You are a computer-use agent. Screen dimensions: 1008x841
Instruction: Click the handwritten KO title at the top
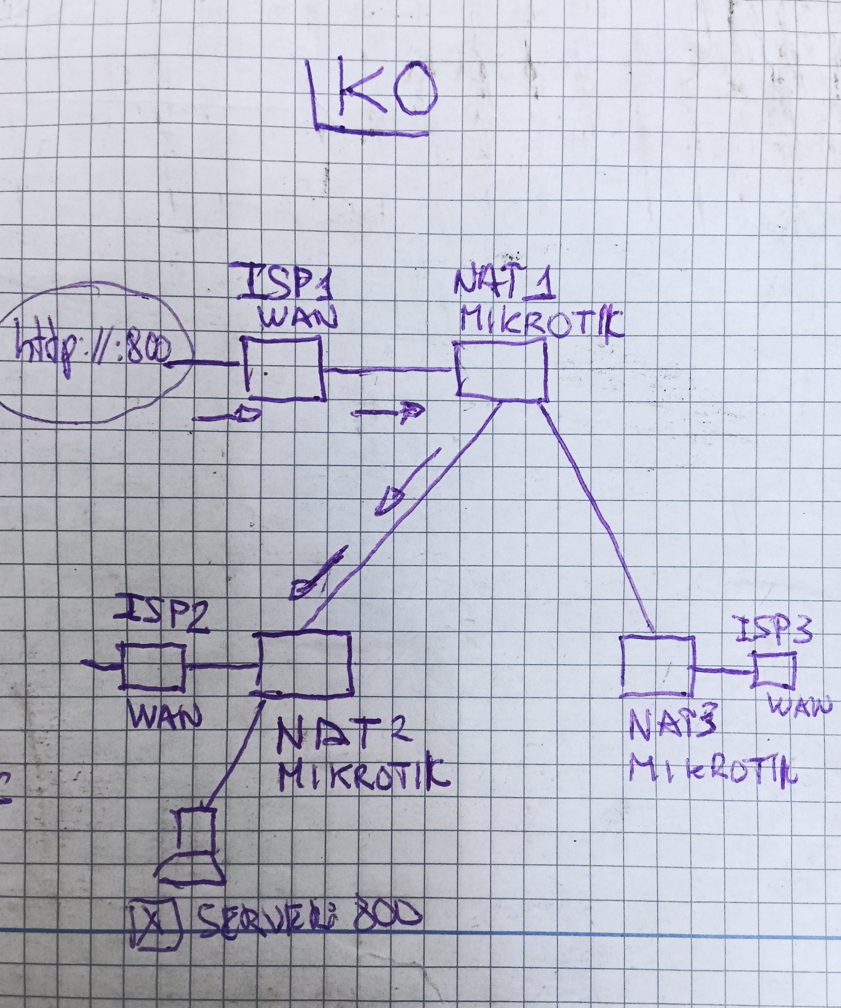point(372,96)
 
